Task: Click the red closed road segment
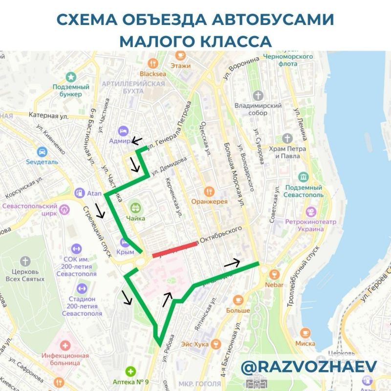[x=174, y=249]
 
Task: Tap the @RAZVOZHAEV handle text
[x=309, y=367]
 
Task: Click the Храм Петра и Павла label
[x=290, y=152]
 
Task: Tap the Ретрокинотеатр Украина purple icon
[x=311, y=212]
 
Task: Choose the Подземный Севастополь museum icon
[x=304, y=176]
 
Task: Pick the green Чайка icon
[x=135, y=207]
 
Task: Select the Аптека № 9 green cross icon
[x=130, y=371]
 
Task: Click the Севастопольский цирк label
[x=29, y=210]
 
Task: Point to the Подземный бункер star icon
[x=71, y=77]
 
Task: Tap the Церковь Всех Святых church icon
[x=25, y=261]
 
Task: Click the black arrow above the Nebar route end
[x=232, y=263]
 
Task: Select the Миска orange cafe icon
[x=305, y=333]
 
